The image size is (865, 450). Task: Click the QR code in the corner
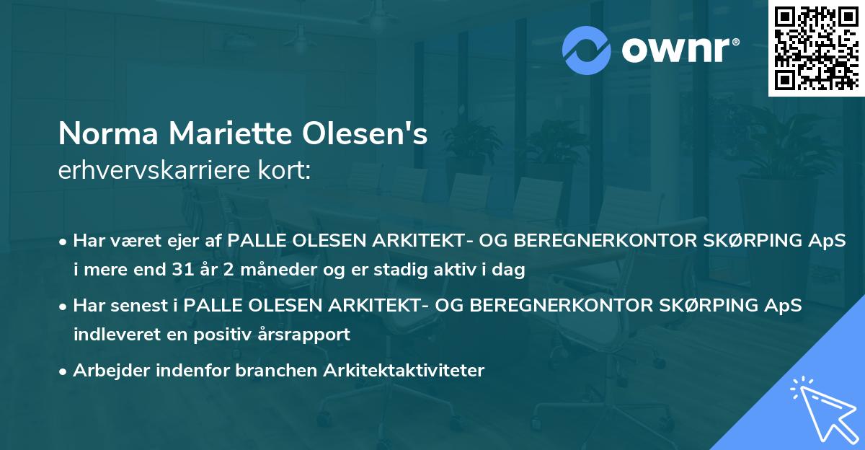click(x=815, y=48)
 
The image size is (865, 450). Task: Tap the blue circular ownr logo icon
click(x=587, y=50)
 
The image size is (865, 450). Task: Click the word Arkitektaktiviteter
click(x=404, y=371)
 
